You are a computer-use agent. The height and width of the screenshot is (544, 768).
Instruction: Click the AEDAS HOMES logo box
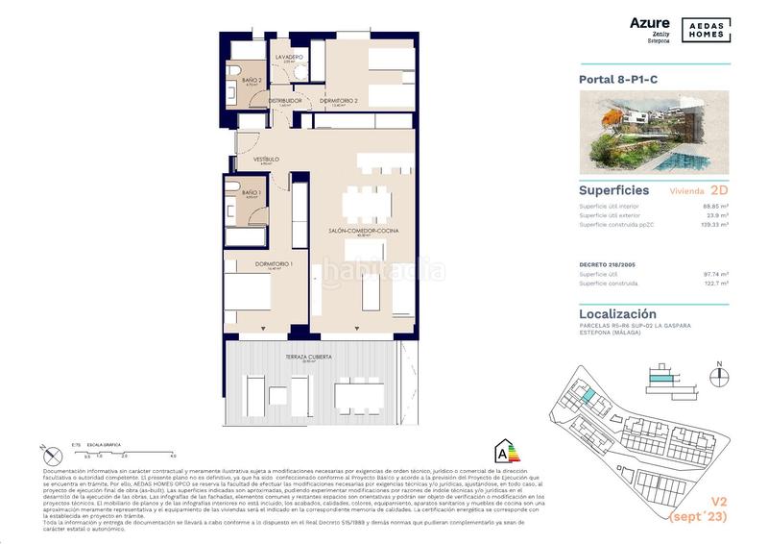[x=707, y=29]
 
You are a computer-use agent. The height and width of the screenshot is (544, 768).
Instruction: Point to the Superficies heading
[x=614, y=190]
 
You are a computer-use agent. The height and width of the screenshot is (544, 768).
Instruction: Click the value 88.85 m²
[x=715, y=206]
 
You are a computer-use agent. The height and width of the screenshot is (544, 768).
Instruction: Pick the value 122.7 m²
[x=716, y=284]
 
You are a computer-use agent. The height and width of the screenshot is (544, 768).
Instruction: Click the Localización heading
[x=617, y=313]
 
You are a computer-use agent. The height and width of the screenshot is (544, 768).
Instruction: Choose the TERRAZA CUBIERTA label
[x=309, y=357]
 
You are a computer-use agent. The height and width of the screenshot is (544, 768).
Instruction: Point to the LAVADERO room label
[x=290, y=58]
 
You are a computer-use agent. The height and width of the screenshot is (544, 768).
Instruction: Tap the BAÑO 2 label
[x=252, y=81]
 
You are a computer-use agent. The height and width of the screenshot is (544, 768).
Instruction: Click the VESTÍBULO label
[x=266, y=160]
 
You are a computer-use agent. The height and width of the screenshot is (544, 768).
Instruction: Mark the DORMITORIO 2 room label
[x=339, y=101]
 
